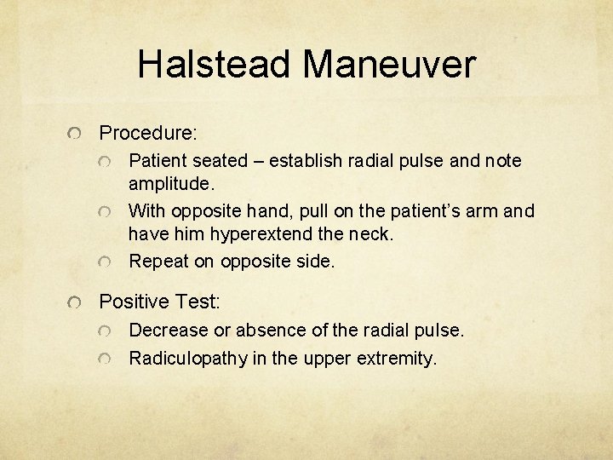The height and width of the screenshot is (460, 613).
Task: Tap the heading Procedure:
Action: (148, 134)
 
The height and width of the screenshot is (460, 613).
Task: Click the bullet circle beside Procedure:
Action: (77, 134)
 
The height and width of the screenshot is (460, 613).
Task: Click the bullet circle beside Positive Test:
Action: (77, 302)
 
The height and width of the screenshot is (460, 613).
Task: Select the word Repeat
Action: (158, 262)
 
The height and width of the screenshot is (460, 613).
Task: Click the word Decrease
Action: (168, 330)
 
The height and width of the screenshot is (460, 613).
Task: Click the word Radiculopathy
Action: (187, 359)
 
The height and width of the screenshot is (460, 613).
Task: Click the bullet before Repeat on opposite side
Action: (106, 262)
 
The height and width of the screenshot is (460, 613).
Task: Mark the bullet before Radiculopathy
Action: (106, 359)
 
